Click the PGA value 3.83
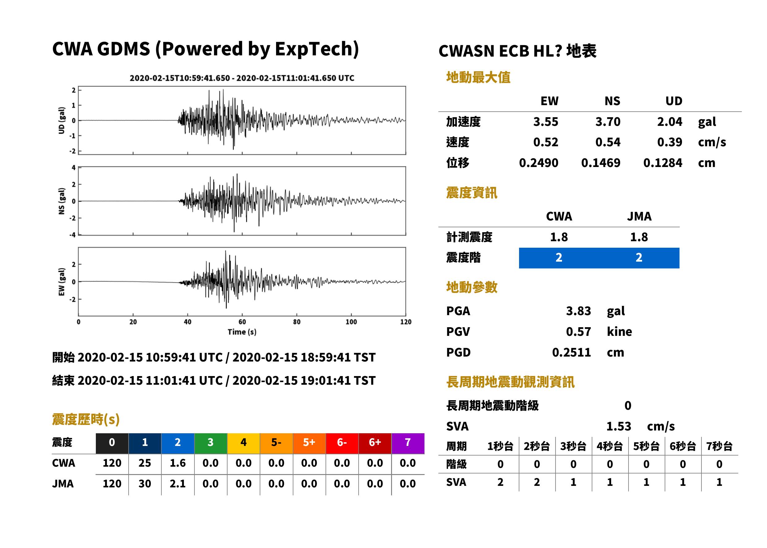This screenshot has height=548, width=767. (578, 311)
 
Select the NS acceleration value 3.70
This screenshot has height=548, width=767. (607, 122)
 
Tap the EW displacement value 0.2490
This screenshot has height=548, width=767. (538, 163)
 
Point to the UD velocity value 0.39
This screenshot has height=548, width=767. (670, 142)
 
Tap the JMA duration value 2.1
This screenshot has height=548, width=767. (178, 484)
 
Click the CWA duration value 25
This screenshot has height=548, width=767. (145, 463)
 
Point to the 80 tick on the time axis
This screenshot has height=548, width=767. (296, 322)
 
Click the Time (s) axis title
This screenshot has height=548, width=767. (242, 332)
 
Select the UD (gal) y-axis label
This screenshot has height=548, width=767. (62, 121)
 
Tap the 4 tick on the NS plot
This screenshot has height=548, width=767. (73, 167)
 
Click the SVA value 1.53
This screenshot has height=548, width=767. (619, 426)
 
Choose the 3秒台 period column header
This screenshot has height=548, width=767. (573, 446)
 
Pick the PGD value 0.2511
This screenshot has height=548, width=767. (571, 352)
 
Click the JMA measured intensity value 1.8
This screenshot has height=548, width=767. (639, 237)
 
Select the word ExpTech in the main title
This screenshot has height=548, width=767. (314, 49)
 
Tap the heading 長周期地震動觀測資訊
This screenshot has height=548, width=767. (510, 382)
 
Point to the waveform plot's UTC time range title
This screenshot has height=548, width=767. (242, 78)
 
